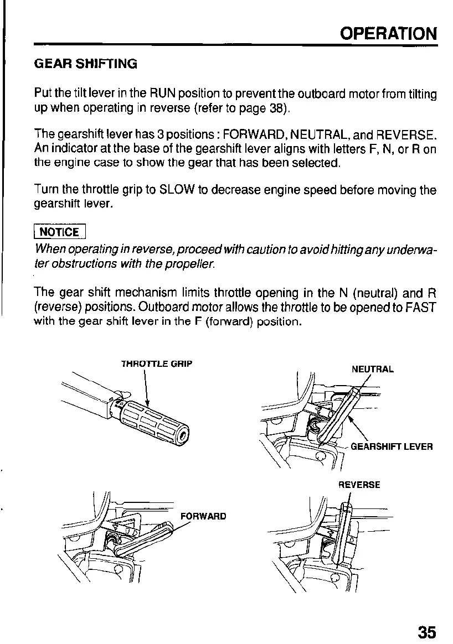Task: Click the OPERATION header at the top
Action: coord(388,34)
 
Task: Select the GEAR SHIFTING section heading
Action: coord(86,64)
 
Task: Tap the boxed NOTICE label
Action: coord(60,232)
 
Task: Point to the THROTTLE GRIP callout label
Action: coord(157,364)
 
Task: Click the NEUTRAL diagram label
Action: coord(373,369)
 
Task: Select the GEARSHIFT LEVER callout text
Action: coord(392,446)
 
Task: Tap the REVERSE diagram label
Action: coord(359,485)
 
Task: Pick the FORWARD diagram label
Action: coord(203,516)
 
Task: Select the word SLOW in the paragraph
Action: coord(177,190)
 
